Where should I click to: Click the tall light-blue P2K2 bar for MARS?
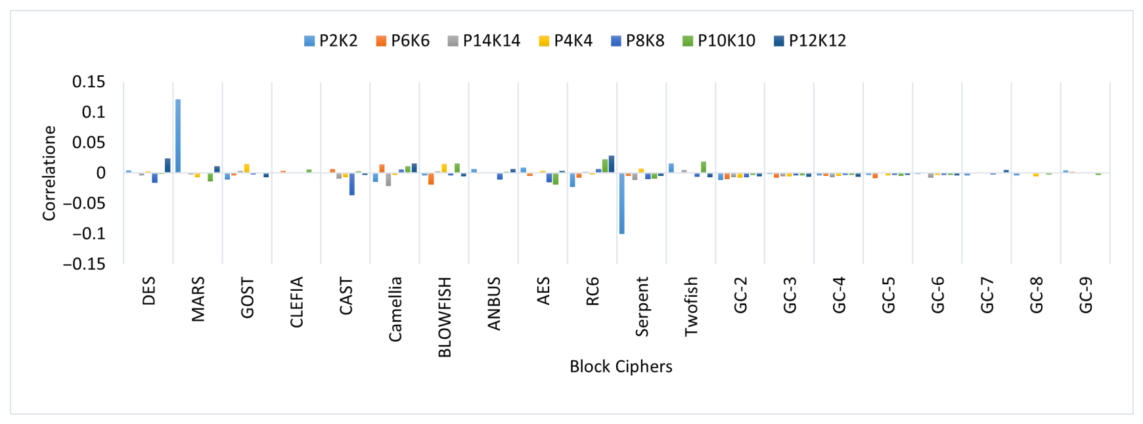coord(178,136)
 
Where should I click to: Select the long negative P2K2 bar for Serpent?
coord(622,203)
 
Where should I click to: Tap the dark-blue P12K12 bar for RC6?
coord(612,164)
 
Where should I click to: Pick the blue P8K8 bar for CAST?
coord(352,184)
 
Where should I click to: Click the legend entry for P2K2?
coord(331,41)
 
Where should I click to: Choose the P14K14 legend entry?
coord(484,41)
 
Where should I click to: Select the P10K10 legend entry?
coord(719,41)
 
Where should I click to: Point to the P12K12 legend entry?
coord(810,41)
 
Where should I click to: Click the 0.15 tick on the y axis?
coord(89,82)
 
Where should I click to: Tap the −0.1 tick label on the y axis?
coord(85,234)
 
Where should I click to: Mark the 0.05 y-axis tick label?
coord(89,142)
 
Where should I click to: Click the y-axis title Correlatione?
coord(49,173)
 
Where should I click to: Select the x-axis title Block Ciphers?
coord(621,366)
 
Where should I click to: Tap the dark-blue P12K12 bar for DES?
coord(168,166)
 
